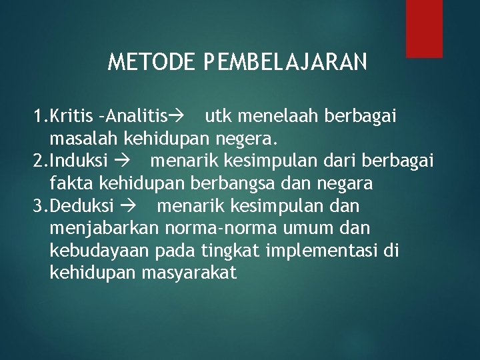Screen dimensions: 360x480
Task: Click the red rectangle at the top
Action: coord(424,28)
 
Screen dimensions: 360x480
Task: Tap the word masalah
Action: coord(81,139)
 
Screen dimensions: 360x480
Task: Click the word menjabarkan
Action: coord(104,228)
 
